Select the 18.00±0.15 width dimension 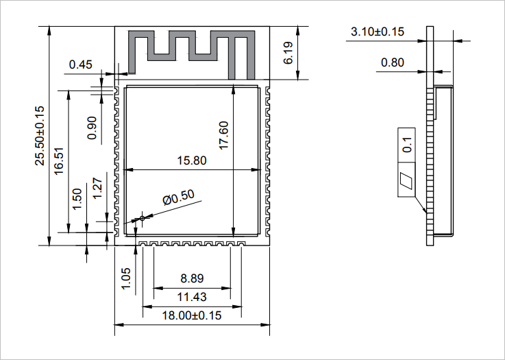tap(192, 316)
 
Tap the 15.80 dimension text tap(191, 161)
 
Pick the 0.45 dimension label tap(80, 65)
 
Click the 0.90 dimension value tap(93, 128)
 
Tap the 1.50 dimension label tap(77, 200)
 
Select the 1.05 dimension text tap(126, 278)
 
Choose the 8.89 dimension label tap(192, 279)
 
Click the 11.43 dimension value tap(192, 297)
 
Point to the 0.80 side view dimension tap(392, 62)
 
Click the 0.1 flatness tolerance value tap(407, 145)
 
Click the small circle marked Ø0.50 tap(143, 218)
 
